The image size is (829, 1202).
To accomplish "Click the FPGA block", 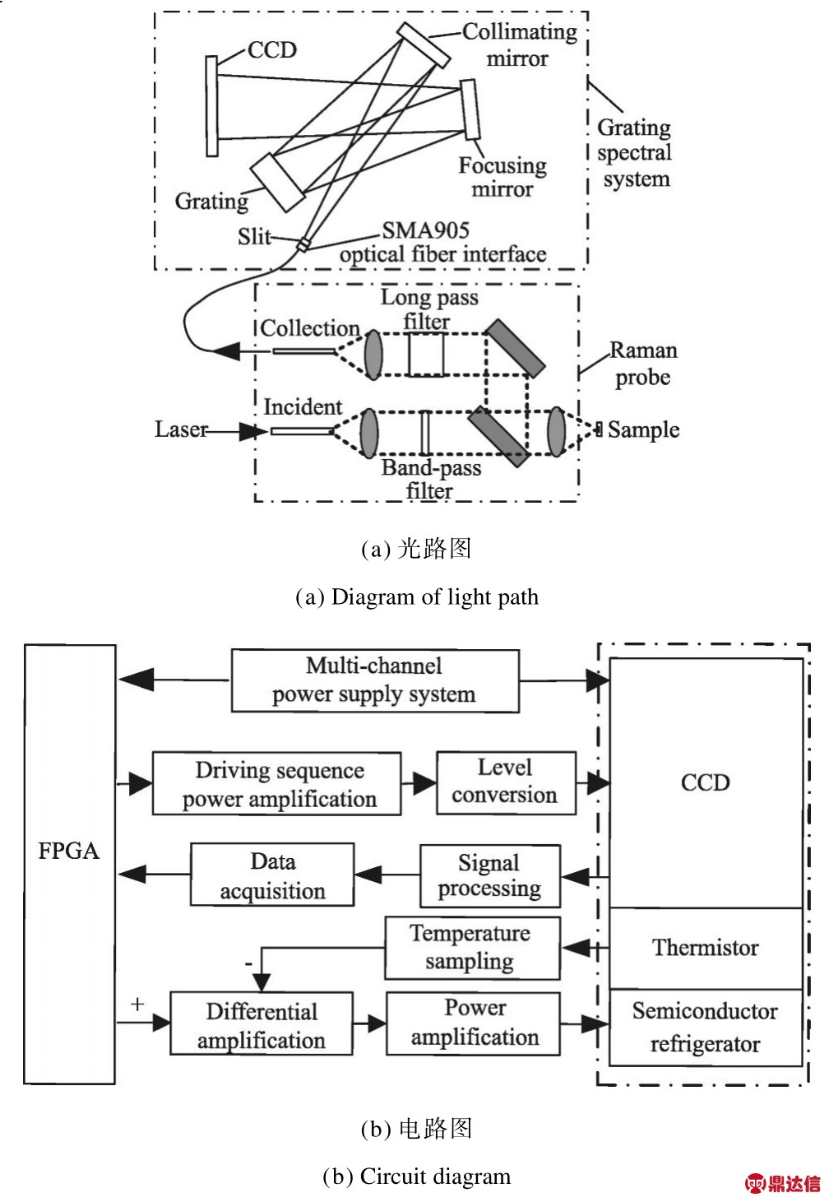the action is pyautogui.click(x=70, y=864).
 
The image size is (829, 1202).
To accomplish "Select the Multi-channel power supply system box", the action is pyautogui.click(x=375, y=680).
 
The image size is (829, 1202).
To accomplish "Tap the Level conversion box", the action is pyautogui.click(x=506, y=783).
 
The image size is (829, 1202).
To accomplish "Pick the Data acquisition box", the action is pyautogui.click(x=272, y=875).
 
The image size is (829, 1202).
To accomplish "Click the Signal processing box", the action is pyautogui.click(x=490, y=875).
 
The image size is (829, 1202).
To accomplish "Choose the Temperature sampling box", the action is pyautogui.click(x=472, y=948).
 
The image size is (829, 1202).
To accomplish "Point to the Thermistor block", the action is pyautogui.click(x=706, y=948).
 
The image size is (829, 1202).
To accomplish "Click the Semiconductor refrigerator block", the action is pyautogui.click(x=706, y=1027).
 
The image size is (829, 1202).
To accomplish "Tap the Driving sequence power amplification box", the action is pyautogui.click(x=276, y=783).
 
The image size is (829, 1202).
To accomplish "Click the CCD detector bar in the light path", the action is pyautogui.click(x=212, y=105).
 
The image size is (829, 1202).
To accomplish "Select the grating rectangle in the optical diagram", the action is pyautogui.click(x=278, y=183).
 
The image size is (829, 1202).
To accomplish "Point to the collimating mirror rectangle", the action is pyautogui.click(x=424, y=45).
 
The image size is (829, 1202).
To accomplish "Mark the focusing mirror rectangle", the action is pyautogui.click(x=470, y=109).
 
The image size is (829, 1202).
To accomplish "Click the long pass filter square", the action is pyautogui.click(x=427, y=354).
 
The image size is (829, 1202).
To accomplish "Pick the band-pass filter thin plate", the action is pyautogui.click(x=425, y=433).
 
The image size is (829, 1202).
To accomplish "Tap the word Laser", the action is pyautogui.click(x=181, y=429).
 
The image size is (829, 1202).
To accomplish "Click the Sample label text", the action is pyautogui.click(x=643, y=429).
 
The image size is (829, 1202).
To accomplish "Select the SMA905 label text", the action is pyautogui.click(x=425, y=230).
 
